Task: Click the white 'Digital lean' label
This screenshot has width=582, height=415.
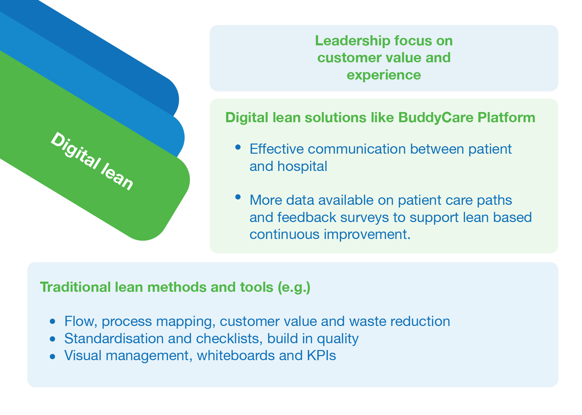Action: coord(92,161)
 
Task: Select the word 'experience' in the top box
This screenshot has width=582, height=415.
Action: coord(384,75)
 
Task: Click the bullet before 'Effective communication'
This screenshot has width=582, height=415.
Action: coord(238,147)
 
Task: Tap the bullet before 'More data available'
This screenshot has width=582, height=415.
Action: coord(238,197)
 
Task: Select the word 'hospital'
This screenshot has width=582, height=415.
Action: coord(302,166)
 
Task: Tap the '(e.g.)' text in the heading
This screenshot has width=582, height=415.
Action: coord(294,287)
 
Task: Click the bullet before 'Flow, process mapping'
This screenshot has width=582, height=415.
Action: coord(52,321)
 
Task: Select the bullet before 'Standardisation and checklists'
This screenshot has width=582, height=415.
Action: coord(52,338)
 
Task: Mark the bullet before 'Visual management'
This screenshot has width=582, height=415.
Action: coord(52,356)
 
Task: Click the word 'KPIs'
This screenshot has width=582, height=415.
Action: coord(321,355)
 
